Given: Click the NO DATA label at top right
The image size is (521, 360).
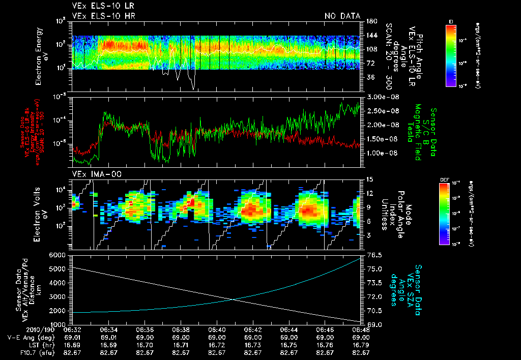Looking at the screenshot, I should (x=342, y=16).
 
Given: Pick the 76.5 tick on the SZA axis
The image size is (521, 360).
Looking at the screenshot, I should (x=371, y=254).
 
